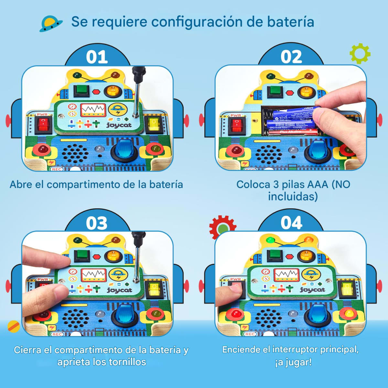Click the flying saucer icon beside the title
51,24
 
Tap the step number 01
97,57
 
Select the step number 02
291,57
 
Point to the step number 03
97,223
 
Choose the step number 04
291,223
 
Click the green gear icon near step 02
360,53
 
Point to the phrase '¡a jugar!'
293,362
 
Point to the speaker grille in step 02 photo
268,154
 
